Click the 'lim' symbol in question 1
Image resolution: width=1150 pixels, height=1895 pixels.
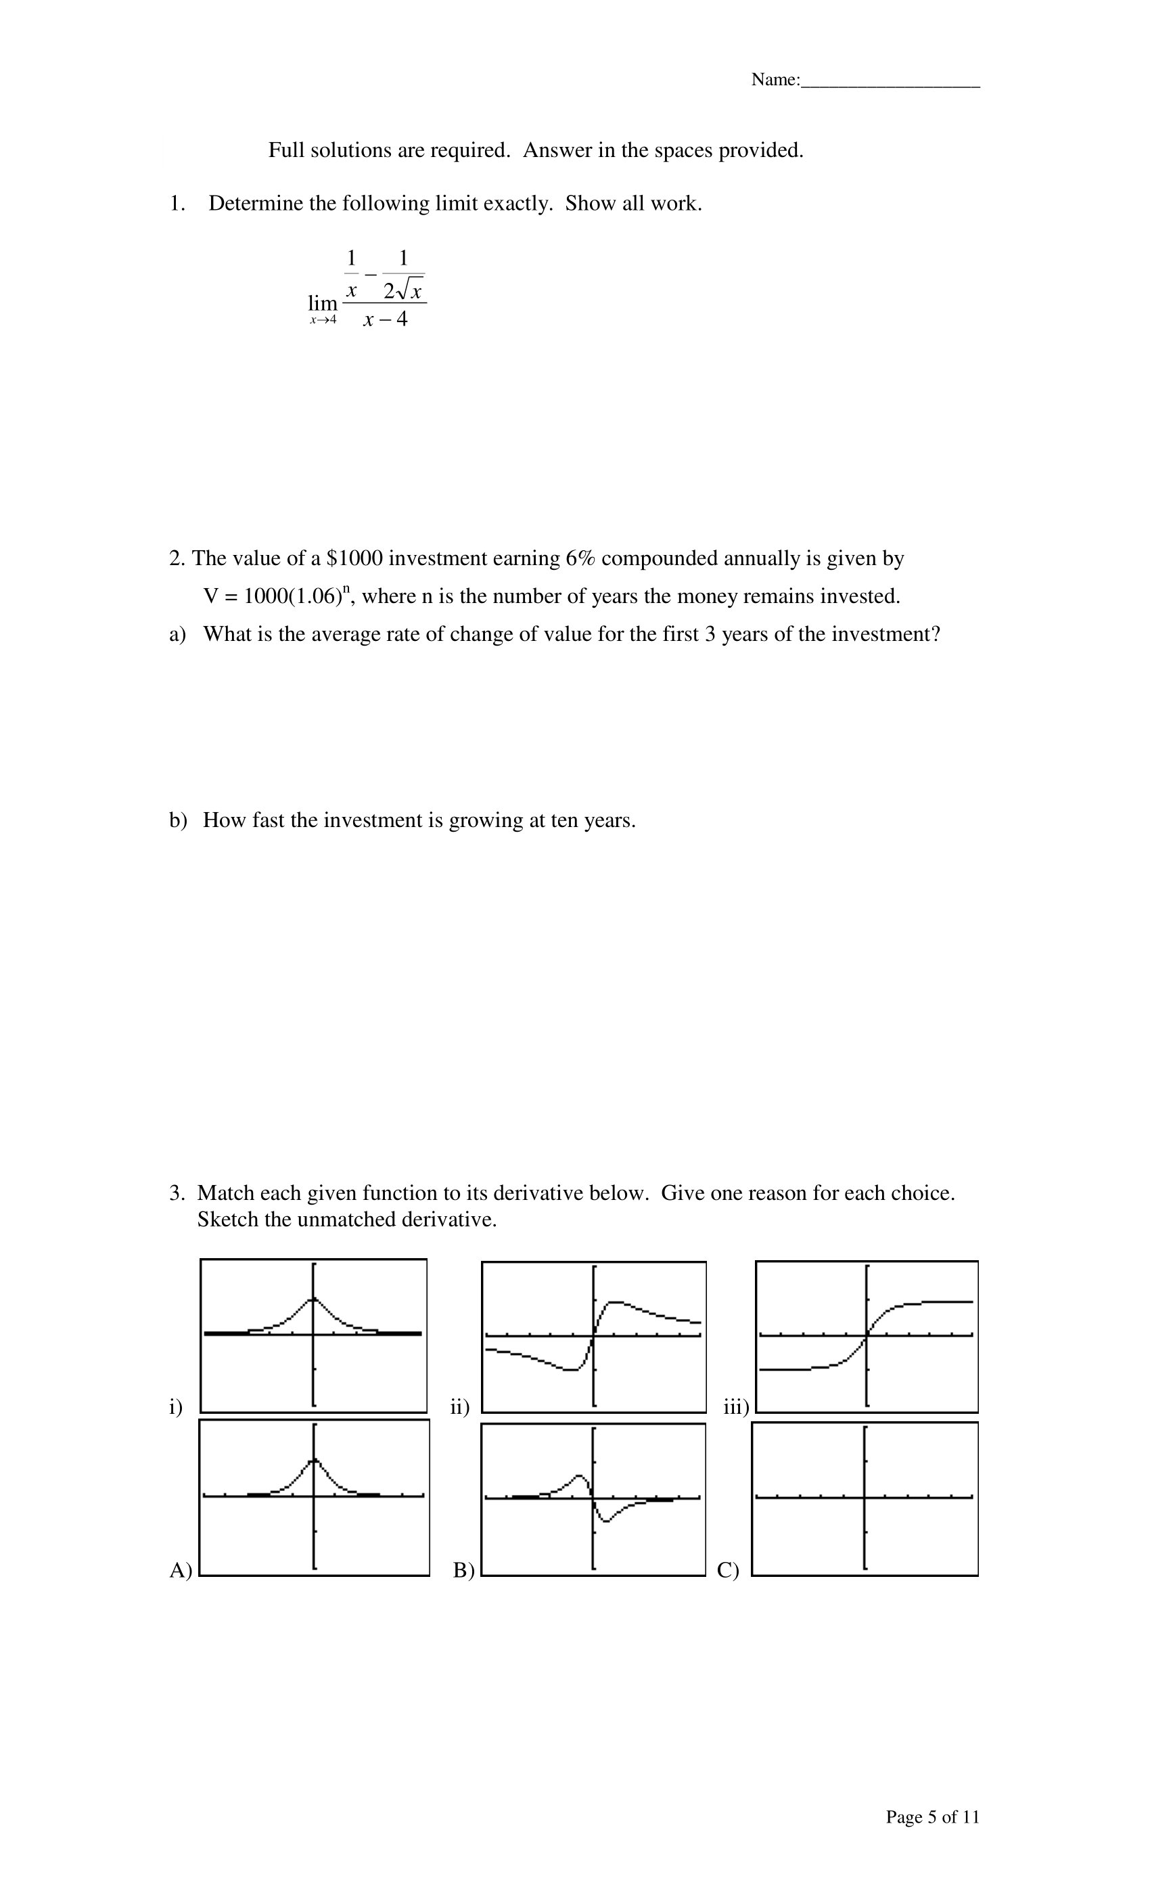322,303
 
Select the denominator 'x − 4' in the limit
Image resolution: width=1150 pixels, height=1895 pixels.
385,319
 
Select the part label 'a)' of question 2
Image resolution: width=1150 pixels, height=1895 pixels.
177,635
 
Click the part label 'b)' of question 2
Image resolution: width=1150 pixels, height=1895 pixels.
177,820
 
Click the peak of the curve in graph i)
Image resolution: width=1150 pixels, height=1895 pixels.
312,1298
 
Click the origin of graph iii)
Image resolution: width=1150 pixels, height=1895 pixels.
867,1335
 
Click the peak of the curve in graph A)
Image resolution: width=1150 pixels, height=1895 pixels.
314,1459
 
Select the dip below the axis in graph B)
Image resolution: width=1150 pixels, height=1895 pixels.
605,1521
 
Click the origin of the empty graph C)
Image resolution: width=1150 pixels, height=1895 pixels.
865,1497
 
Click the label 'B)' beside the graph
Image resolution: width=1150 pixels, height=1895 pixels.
463,1569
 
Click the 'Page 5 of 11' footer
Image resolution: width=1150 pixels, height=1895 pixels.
932,1817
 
